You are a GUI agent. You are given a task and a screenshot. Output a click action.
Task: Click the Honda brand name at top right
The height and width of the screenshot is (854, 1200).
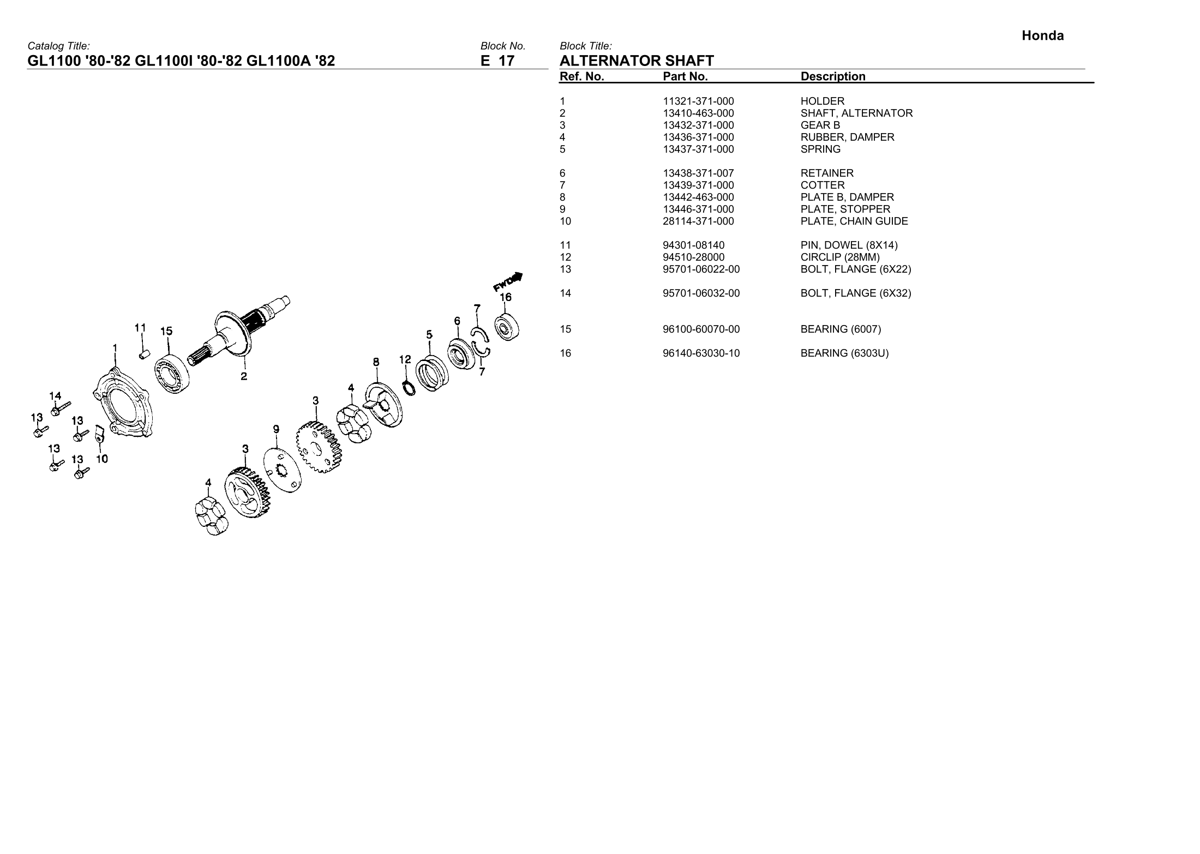click(x=1042, y=36)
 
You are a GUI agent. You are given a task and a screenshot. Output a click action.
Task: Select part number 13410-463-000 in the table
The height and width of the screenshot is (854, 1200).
click(x=698, y=113)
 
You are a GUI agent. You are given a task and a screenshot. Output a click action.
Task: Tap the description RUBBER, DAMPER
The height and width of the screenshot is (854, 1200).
click(x=847, y=137)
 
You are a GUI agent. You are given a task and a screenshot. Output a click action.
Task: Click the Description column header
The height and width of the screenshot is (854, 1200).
click(x=832, y=77)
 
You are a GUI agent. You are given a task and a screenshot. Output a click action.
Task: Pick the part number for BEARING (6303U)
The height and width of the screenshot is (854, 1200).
click(x=701, y=353)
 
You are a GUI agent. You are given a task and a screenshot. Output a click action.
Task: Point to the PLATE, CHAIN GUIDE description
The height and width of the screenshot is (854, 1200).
click(x=854, y=221)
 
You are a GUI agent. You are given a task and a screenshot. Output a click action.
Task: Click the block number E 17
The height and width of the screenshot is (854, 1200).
click(x=497, y=61)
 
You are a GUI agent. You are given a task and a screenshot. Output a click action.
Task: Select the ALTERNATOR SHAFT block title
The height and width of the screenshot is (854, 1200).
click(x=637, y=61)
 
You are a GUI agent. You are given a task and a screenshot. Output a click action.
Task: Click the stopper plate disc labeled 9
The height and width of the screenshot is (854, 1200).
click(x=284, y=471)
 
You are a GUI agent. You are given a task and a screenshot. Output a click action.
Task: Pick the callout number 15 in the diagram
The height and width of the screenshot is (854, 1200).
click(x=166, y=331)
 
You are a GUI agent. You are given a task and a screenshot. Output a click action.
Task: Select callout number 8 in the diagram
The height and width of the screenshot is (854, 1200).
click(x=376, y=362)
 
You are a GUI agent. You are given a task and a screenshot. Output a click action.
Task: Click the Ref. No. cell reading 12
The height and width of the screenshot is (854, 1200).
click(x=565, y=257)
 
